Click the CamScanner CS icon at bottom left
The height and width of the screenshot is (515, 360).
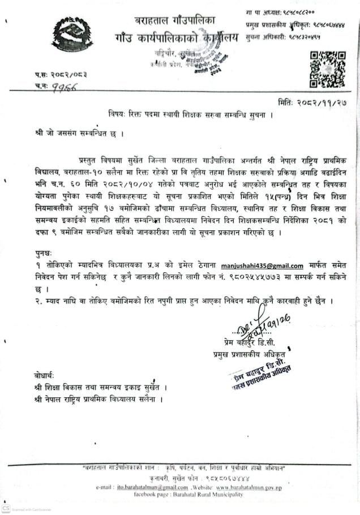[x=6, y=507]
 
